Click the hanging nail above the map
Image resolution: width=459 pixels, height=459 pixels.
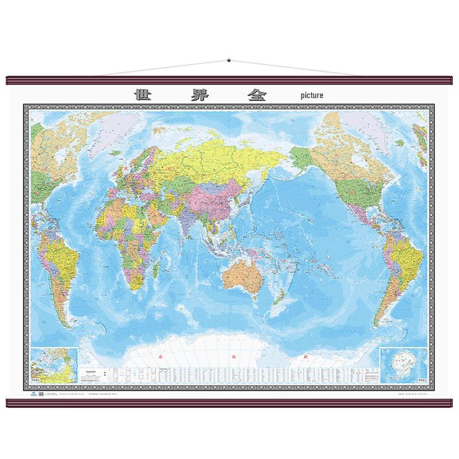point(228,59)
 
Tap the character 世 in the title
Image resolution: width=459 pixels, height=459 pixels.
point(142,94)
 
